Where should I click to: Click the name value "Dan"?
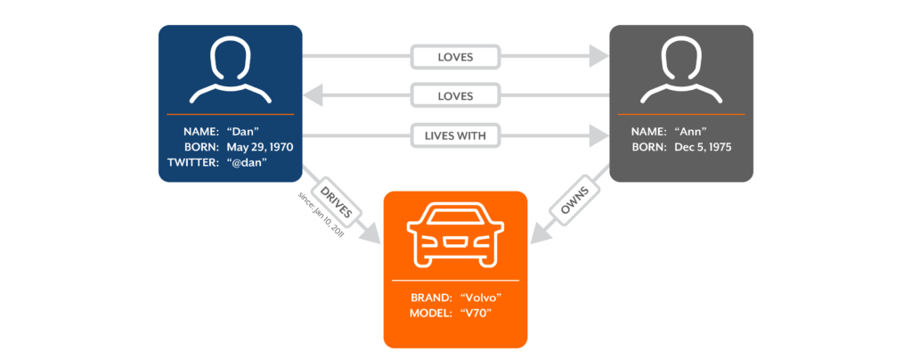pos(247,130)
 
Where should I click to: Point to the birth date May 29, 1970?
pos(261,146)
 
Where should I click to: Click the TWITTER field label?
pos(193,162)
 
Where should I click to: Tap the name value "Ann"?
pos(696,130)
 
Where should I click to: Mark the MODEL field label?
pos(431,313)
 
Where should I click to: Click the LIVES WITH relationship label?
pos(454,135)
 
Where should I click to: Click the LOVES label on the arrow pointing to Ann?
pos(454,57)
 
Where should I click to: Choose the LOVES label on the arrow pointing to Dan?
pos(454,94)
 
